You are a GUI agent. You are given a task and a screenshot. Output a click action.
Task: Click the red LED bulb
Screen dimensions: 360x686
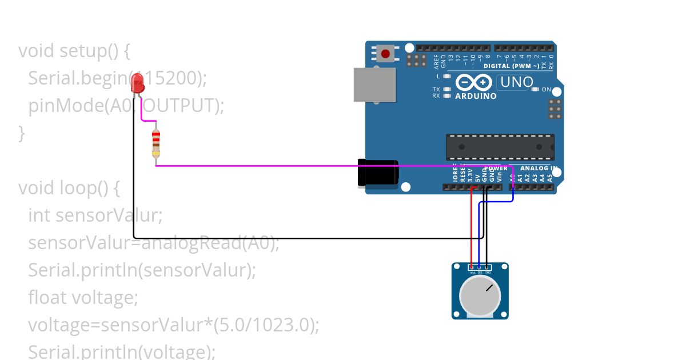point(137,85)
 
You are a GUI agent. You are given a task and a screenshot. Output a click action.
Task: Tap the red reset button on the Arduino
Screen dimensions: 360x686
point(385,54)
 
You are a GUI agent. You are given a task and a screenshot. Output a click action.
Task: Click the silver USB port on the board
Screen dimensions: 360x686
point(374,85)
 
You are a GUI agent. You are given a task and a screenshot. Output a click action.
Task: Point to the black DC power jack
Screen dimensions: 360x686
point(377,173)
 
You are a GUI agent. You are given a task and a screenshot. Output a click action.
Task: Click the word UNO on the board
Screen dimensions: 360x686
point(516,82)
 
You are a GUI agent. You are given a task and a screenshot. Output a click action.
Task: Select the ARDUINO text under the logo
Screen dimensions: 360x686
point(476,96)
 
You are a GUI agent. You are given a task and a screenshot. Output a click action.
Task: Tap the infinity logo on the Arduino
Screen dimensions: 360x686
point(474,83)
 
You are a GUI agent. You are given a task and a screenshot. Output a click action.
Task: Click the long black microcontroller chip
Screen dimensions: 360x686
point(500,147)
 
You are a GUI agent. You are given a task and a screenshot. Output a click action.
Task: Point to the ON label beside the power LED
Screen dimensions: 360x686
point(546,89)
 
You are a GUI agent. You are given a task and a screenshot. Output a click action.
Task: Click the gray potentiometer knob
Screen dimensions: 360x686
point(480,297)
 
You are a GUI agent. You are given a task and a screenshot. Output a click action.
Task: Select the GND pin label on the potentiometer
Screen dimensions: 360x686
point(487,273)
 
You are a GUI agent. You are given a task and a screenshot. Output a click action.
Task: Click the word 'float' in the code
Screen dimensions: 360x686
point(47,298)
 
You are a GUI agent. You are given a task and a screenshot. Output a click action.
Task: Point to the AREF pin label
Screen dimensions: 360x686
point(436,57)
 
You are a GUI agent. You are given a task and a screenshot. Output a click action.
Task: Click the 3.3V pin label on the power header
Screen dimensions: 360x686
point(470,175)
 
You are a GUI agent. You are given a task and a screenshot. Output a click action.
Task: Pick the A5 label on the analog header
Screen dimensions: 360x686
point(550,178)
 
